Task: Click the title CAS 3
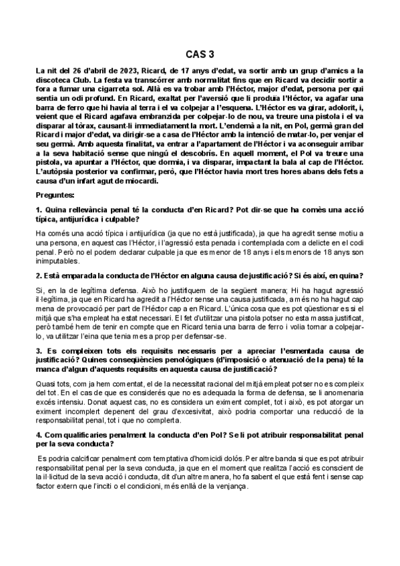[200, 56]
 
